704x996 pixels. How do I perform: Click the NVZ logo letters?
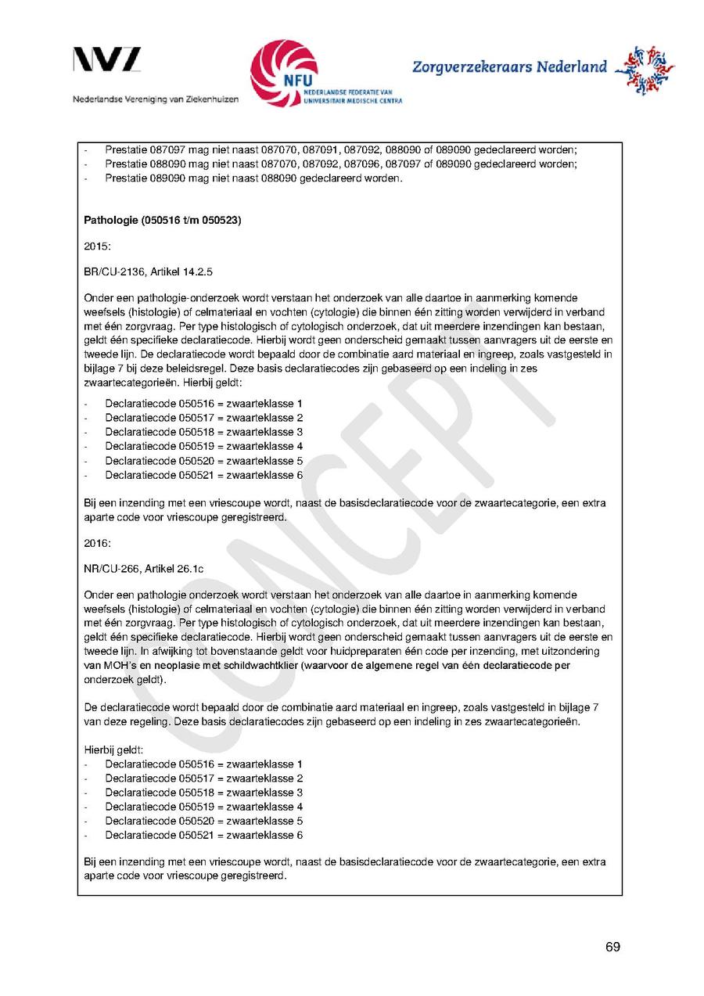(x=107, y=60)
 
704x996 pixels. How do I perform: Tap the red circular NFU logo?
(x=283, y=72)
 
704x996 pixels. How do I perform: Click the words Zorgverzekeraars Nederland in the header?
(x=509, y=67)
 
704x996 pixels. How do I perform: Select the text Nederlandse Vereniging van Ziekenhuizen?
(x=156, y=99)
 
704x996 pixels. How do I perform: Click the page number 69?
(x=612, y=947)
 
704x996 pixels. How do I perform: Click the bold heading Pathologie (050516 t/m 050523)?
(x=162, y=221)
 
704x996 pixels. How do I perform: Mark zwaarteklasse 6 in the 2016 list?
(x=264, y=836)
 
